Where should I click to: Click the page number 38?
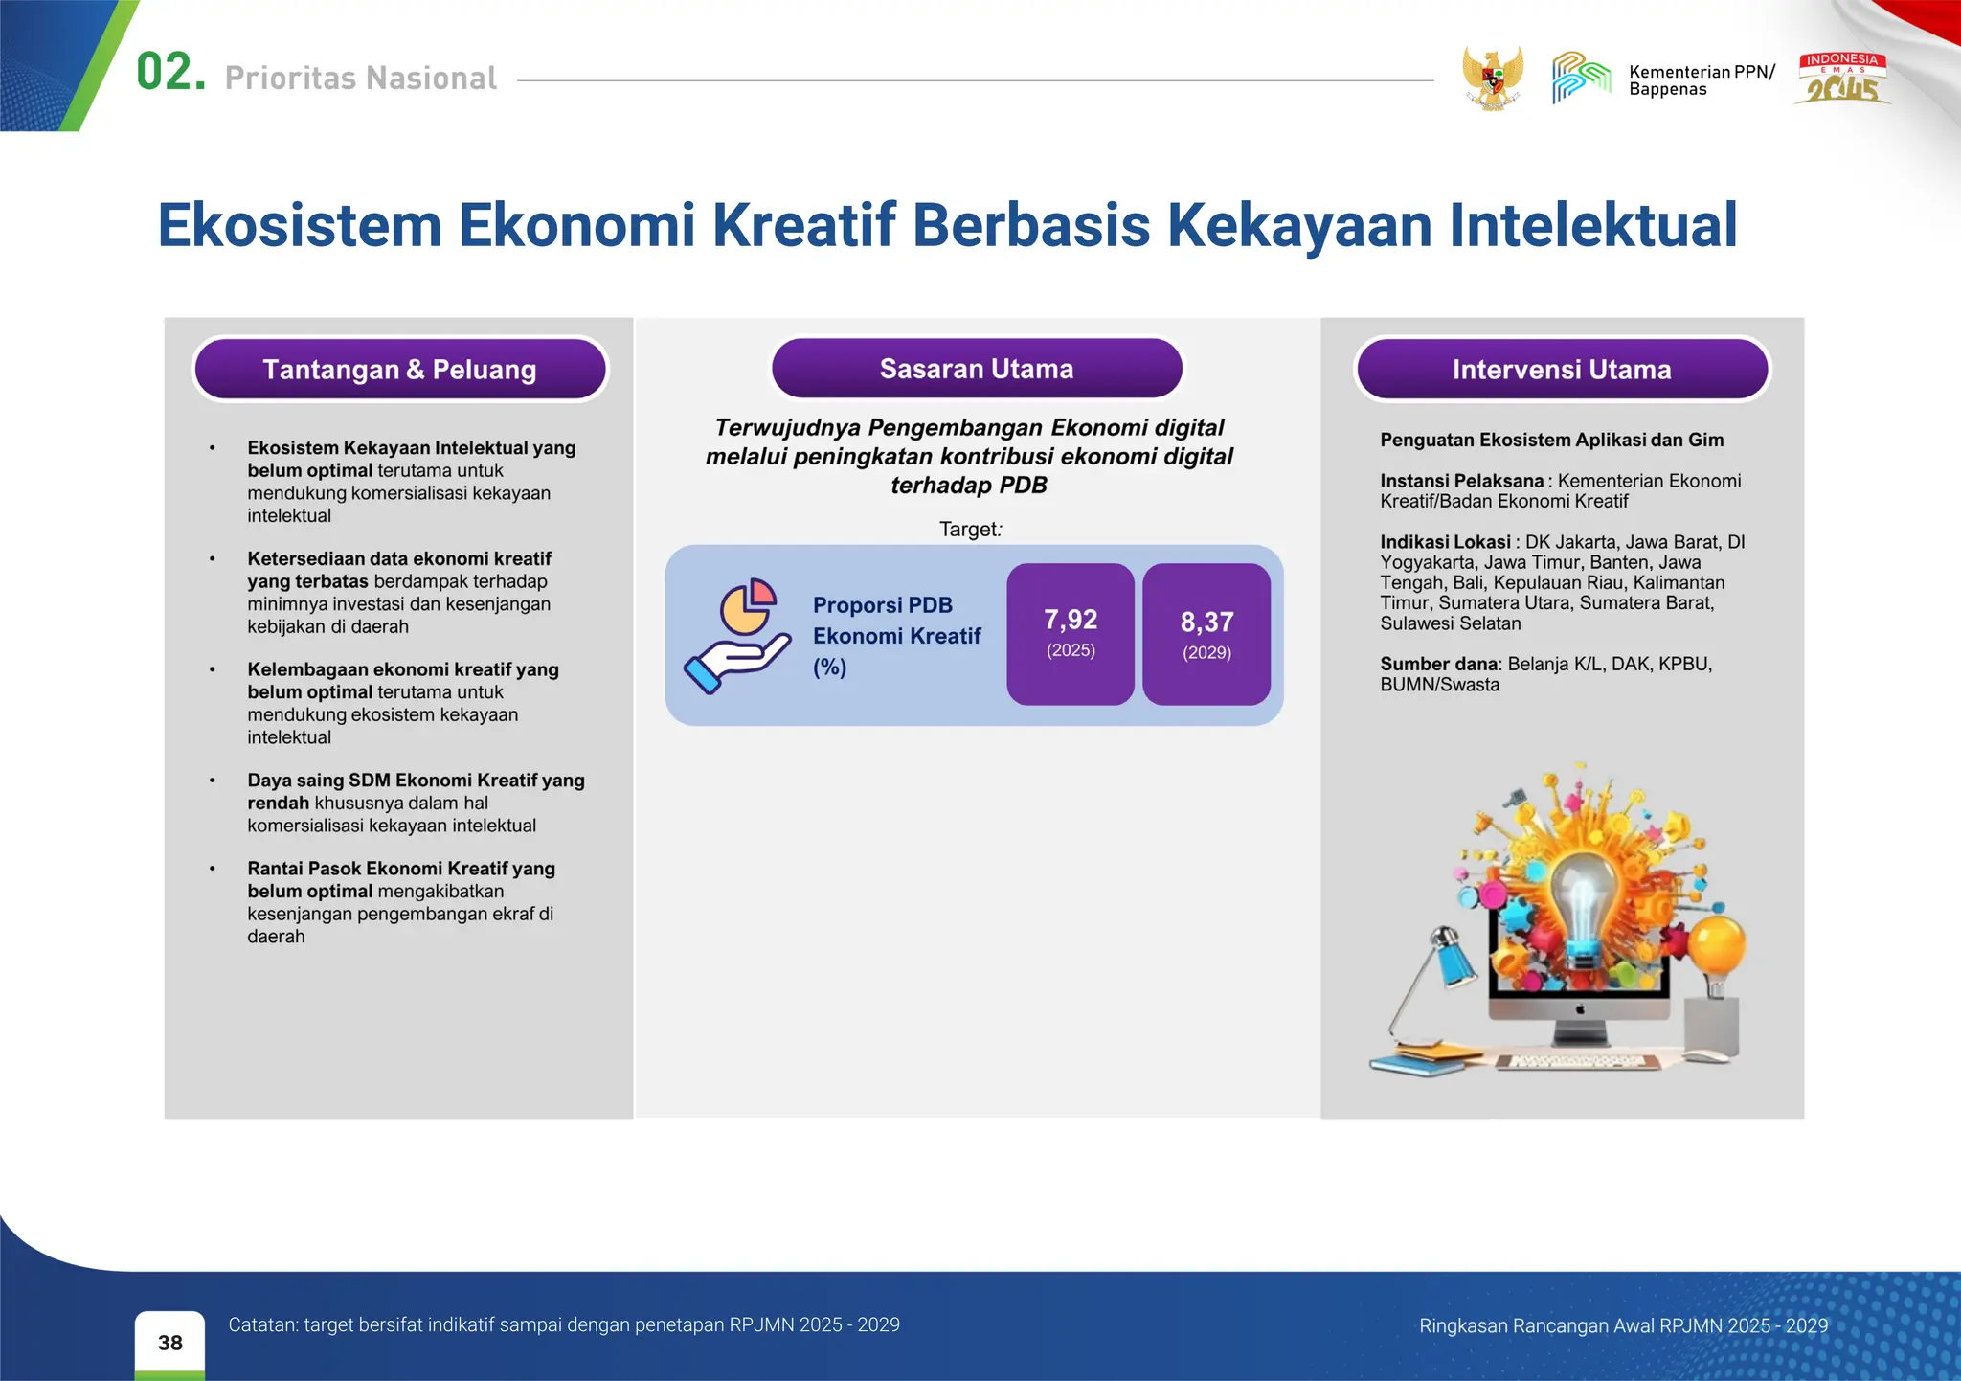pos(169,1343)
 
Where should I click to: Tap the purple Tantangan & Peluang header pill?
pos(399,370)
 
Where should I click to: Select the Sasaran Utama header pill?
pos(977,369)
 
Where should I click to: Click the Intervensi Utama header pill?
pos(1561,370)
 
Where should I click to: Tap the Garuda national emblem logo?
pos(1492,78)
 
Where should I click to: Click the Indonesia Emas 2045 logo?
pos(1842,79)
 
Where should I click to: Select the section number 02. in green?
pos(170,73)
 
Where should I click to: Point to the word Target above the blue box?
pos(967,530)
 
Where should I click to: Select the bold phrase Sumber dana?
pos(1438,664)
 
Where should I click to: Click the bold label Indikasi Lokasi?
pos(1445,542)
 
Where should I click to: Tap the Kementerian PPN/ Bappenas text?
pos(1701,80)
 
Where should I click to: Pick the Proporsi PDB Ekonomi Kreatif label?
pos(896,636)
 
